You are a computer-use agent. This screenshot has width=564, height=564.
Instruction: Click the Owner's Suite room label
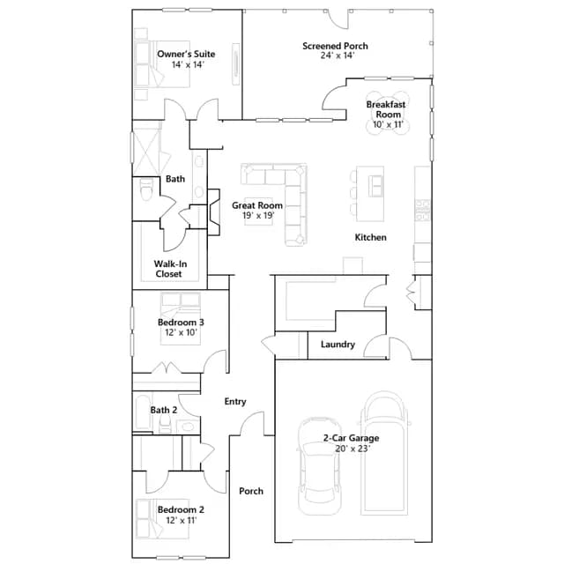click(x=186, y=55)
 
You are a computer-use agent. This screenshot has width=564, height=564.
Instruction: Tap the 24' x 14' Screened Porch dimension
click(x=338, y=56)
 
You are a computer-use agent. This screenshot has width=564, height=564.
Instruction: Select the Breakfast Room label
click(x=386, y=109)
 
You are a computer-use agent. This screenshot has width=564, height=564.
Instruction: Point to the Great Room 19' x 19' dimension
click(x=258, y=216)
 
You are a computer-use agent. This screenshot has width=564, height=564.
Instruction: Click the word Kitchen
click(x=370, y=237)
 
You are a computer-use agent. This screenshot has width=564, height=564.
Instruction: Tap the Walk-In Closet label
click(x=170, y=269)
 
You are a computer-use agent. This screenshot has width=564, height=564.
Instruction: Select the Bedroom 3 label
click(x=181, y=323)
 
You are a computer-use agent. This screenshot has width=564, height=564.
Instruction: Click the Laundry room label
click(x=338, y=345)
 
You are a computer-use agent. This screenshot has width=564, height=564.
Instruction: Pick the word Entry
click(x=235, y=402)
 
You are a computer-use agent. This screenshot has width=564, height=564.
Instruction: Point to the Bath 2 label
click(x=164, y=410)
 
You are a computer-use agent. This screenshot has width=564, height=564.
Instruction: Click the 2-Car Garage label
click(x=351, y=438)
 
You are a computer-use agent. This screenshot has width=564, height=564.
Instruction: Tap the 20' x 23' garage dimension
click(x=352, y=449)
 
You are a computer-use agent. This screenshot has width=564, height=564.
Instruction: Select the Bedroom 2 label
click(x=181, y=510)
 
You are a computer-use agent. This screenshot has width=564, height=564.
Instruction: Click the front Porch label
click(x=251, y=492)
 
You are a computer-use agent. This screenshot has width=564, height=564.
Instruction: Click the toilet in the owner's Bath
click(x=146, y=189)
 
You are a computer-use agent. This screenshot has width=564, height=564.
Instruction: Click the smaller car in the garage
click(x=319, y=466)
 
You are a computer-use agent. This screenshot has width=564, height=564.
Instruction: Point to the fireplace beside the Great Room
click(x=213, y=212)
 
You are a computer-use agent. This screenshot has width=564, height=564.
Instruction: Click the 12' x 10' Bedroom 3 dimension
click(x=181, y=332)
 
